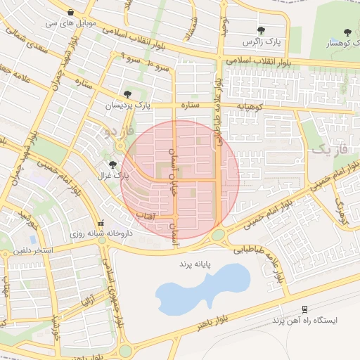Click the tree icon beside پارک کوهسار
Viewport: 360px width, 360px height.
click(347, 32)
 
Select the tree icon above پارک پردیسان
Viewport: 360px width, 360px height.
click(127, 94)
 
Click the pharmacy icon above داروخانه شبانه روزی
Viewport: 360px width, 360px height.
click(101, 219)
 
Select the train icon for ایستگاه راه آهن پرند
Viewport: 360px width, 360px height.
click(304, 309)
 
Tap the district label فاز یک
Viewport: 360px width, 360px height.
click(328, 148)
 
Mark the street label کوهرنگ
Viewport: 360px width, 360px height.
click(342, 212)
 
